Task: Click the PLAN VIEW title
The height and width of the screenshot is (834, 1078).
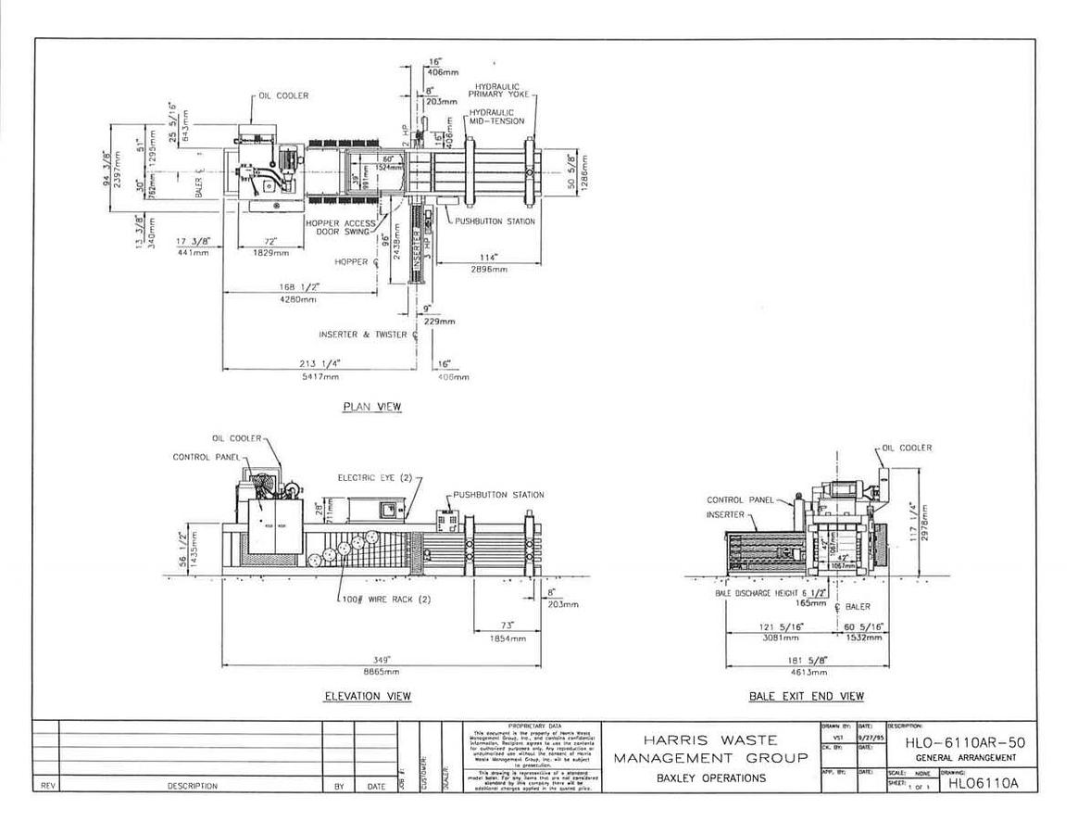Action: pos(372,407)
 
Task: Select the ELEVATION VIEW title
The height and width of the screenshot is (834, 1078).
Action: pos(368,696)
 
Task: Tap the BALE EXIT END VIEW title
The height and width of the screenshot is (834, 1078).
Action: pos(806,696)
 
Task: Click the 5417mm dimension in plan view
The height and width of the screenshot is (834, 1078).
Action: pos(318,375)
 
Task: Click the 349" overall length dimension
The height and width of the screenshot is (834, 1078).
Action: pos(382,660)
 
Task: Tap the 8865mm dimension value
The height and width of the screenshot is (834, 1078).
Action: pos(382,671)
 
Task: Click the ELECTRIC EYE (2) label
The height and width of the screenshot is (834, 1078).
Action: pos(374,477)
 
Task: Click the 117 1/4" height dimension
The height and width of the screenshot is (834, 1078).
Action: pos(912,523)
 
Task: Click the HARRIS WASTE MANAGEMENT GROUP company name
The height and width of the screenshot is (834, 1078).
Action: pos(710,749)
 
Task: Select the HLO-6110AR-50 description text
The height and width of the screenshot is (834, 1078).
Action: pos(965,742)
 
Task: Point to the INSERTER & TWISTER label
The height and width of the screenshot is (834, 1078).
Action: pos(362,335)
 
